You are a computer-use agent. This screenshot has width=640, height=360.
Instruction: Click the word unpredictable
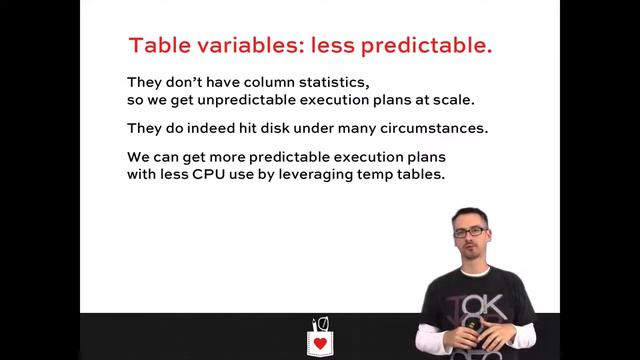[x=237, y=101]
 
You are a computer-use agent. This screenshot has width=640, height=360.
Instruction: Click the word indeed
[x=205, y=130]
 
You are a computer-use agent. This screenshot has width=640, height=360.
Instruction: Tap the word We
[x=139, y=158]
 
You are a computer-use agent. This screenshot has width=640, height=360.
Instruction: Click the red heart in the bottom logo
[x=320, y=344]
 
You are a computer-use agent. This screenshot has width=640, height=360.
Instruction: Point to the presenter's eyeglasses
[x=470, y=233]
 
